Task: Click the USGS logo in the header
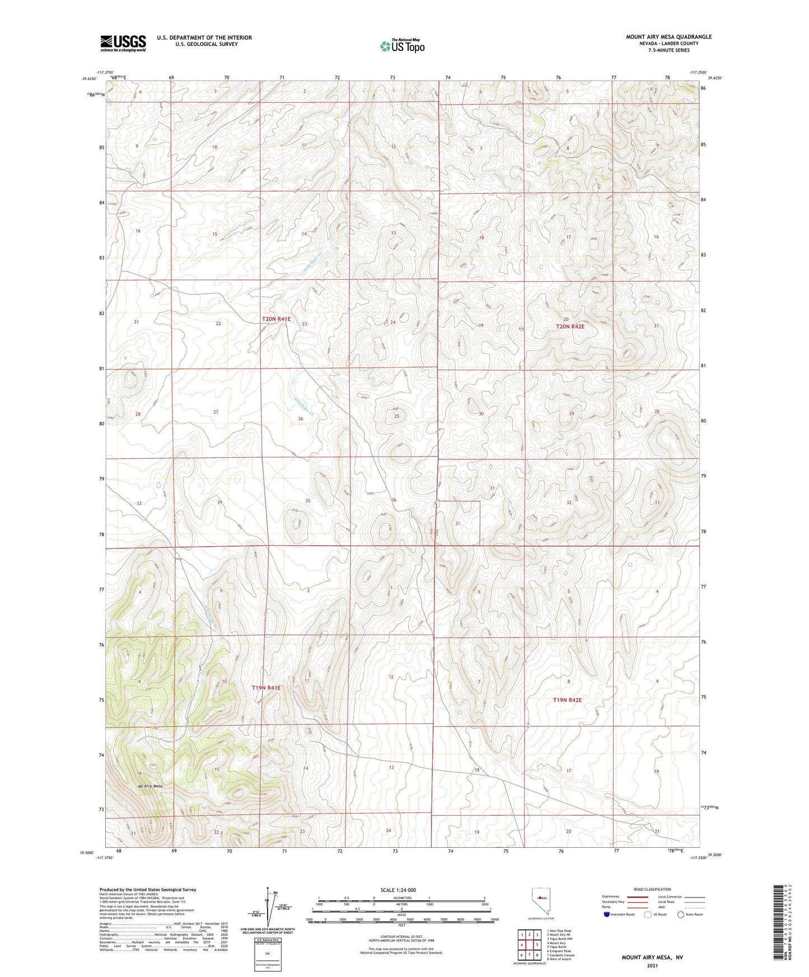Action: click(x=123, y=43)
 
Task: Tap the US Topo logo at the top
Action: click(x=402, y=46)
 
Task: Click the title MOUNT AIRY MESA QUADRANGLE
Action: click(x=668, y=37)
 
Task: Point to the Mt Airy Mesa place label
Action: click(x=150, y=786)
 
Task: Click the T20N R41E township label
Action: click(x=277, y=319)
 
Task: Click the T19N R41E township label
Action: click(x=266, y=688)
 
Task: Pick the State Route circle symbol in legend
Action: click(x=681, y=915)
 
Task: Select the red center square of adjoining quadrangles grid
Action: click(x=529, y=945)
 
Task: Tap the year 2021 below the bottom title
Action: click(x=652, y=966)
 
